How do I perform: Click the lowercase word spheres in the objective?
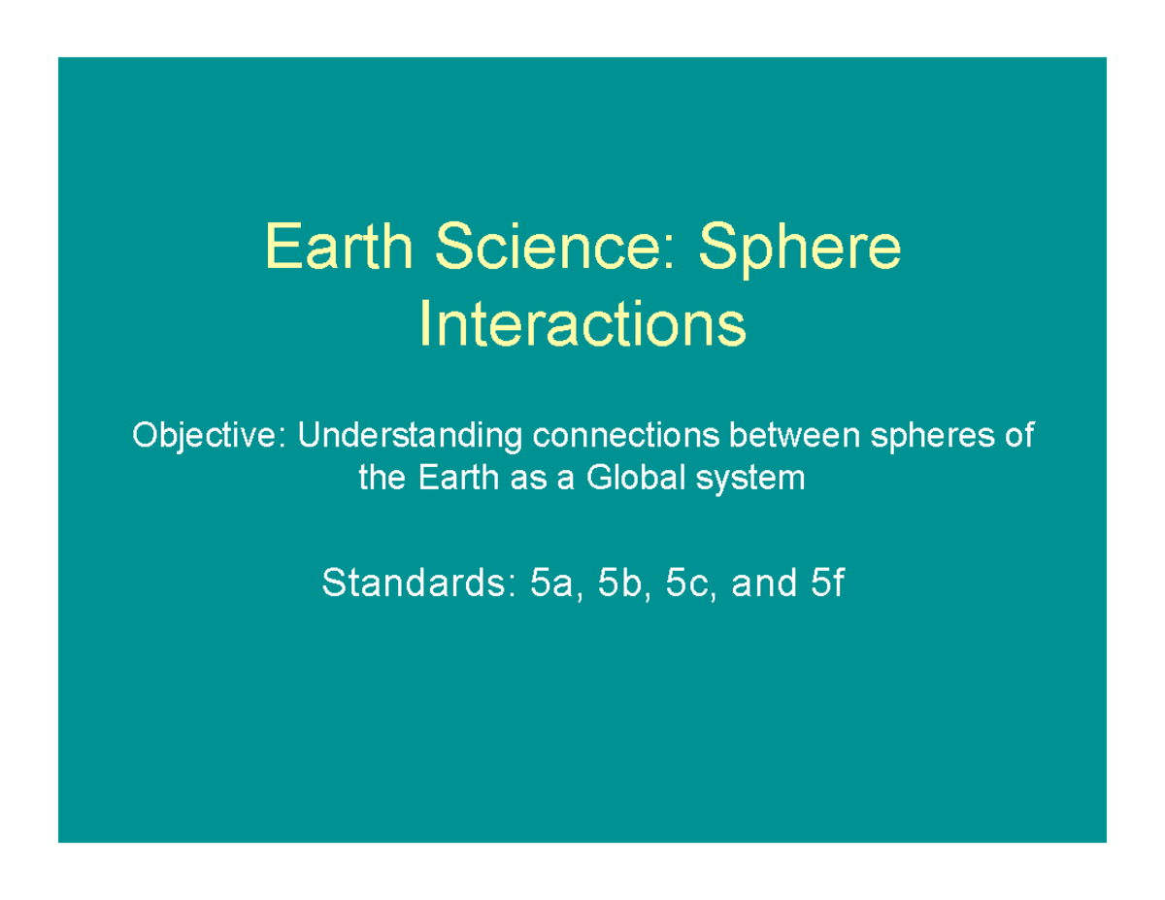[927, 437]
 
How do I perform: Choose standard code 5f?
[826, 583]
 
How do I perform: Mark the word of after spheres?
[1018, 436]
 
